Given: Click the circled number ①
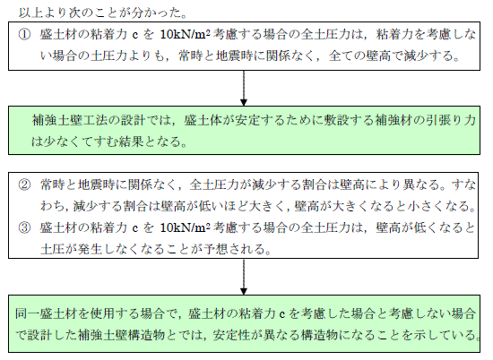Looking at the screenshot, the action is coord(24,34).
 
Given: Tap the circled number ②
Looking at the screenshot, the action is coord(24,184).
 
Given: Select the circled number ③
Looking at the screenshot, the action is coord(24,227).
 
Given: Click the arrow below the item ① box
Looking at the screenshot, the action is coord(243,88).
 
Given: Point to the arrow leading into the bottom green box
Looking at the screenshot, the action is coord(243,277).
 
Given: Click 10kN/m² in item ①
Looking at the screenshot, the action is coord(185,34).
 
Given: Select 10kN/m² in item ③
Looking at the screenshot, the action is coord(185,227).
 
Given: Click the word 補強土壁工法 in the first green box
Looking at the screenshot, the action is coord(69,120).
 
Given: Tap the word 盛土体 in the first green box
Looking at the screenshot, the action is coord(203,120).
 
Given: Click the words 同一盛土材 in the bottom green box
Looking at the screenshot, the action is coord(46,313).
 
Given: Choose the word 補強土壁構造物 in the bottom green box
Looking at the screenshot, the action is coord(122,335).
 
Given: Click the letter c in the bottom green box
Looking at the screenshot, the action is coord(281,314).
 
